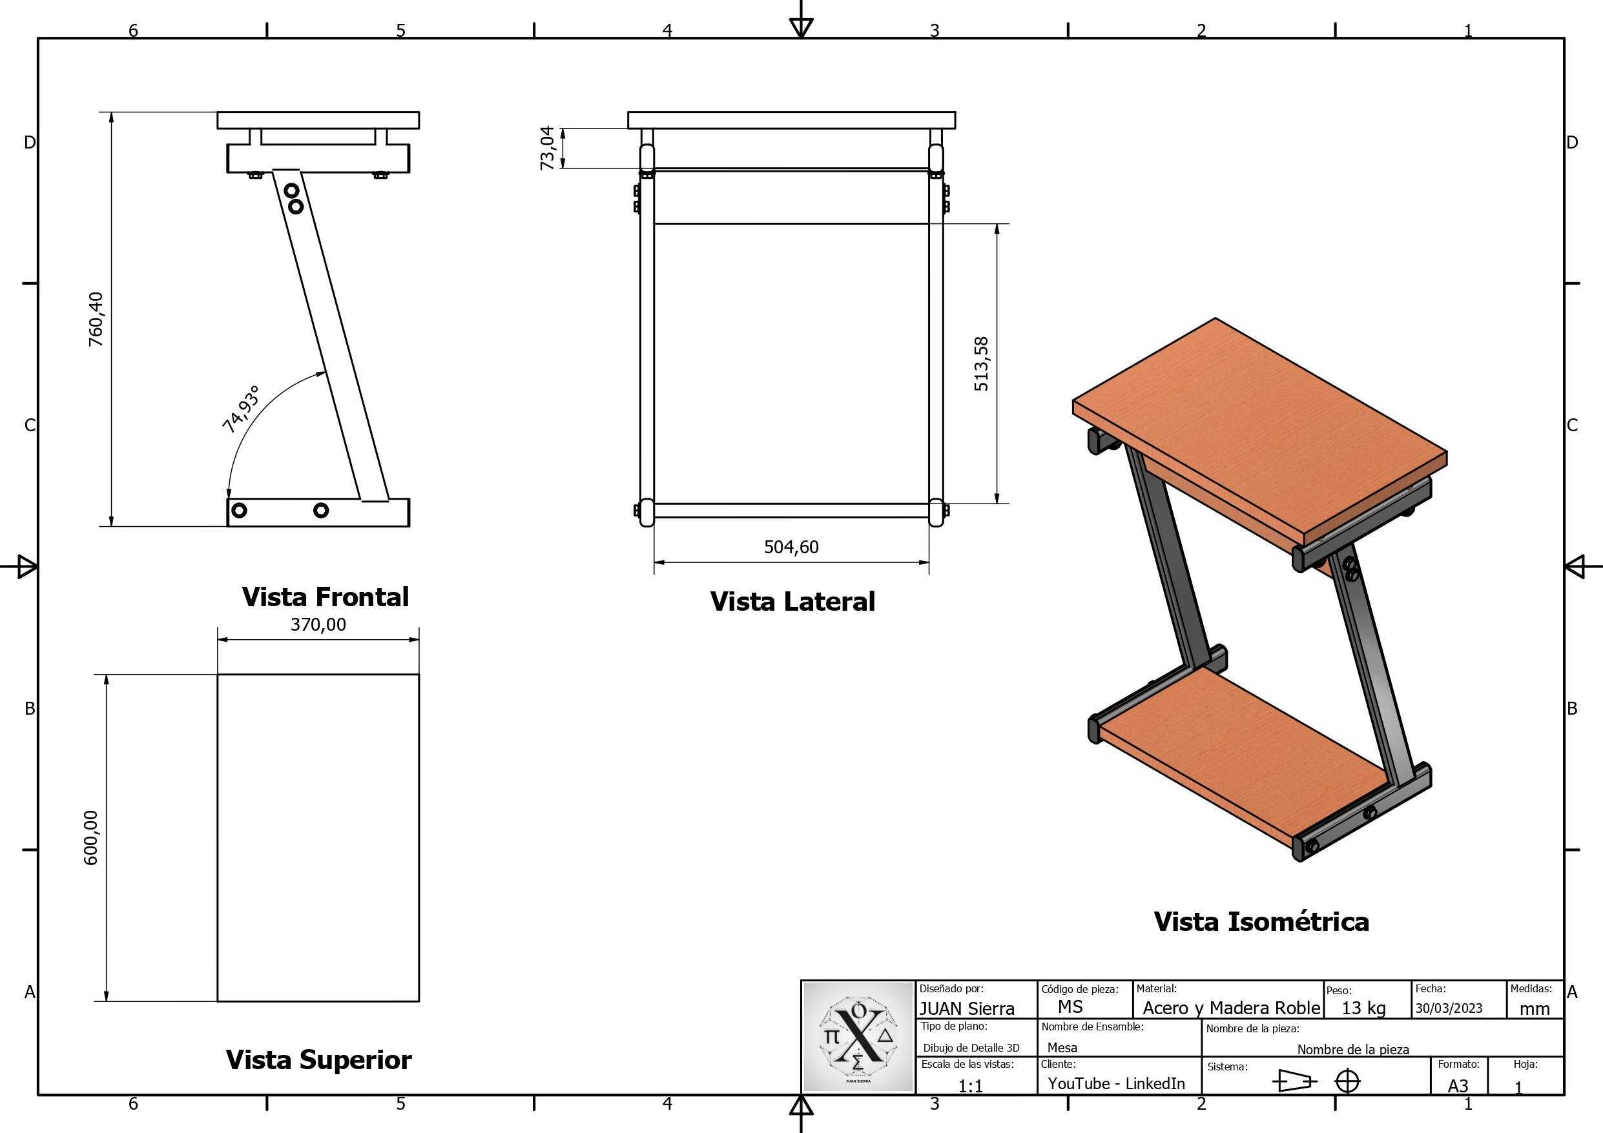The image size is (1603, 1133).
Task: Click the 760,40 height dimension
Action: click(x=96, y=319)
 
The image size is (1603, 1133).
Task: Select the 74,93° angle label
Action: click(x=241, y=409)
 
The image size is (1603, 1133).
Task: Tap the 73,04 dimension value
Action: click(x=548, y=148)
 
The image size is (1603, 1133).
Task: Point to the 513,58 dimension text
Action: click(x=981, y=363)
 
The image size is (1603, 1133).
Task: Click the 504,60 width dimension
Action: click(x=791, y=547)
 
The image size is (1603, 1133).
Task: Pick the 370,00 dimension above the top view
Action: click(x=318, y=624)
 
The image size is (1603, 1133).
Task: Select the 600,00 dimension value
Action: click(x=91, y=838)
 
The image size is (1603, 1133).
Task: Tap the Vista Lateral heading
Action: click(x=792, y=602)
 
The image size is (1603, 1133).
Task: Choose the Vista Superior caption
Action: click(x=319, y=1059)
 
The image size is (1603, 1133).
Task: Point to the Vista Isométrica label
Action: click(x=1261, y=921)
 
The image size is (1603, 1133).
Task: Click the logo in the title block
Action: click(x=859, y=1037)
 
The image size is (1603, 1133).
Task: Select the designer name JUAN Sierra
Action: click(x=967, y=1009)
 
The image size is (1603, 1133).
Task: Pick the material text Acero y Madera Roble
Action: click(x=1232, y=1008)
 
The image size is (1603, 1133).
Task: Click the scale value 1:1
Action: click(x=971, y=1087)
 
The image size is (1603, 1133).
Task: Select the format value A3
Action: click(x=1458, y=1087)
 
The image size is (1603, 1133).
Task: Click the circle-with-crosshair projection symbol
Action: click(x=1347, y=1081)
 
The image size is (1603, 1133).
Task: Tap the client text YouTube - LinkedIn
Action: click(x=1117, y=1083)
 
